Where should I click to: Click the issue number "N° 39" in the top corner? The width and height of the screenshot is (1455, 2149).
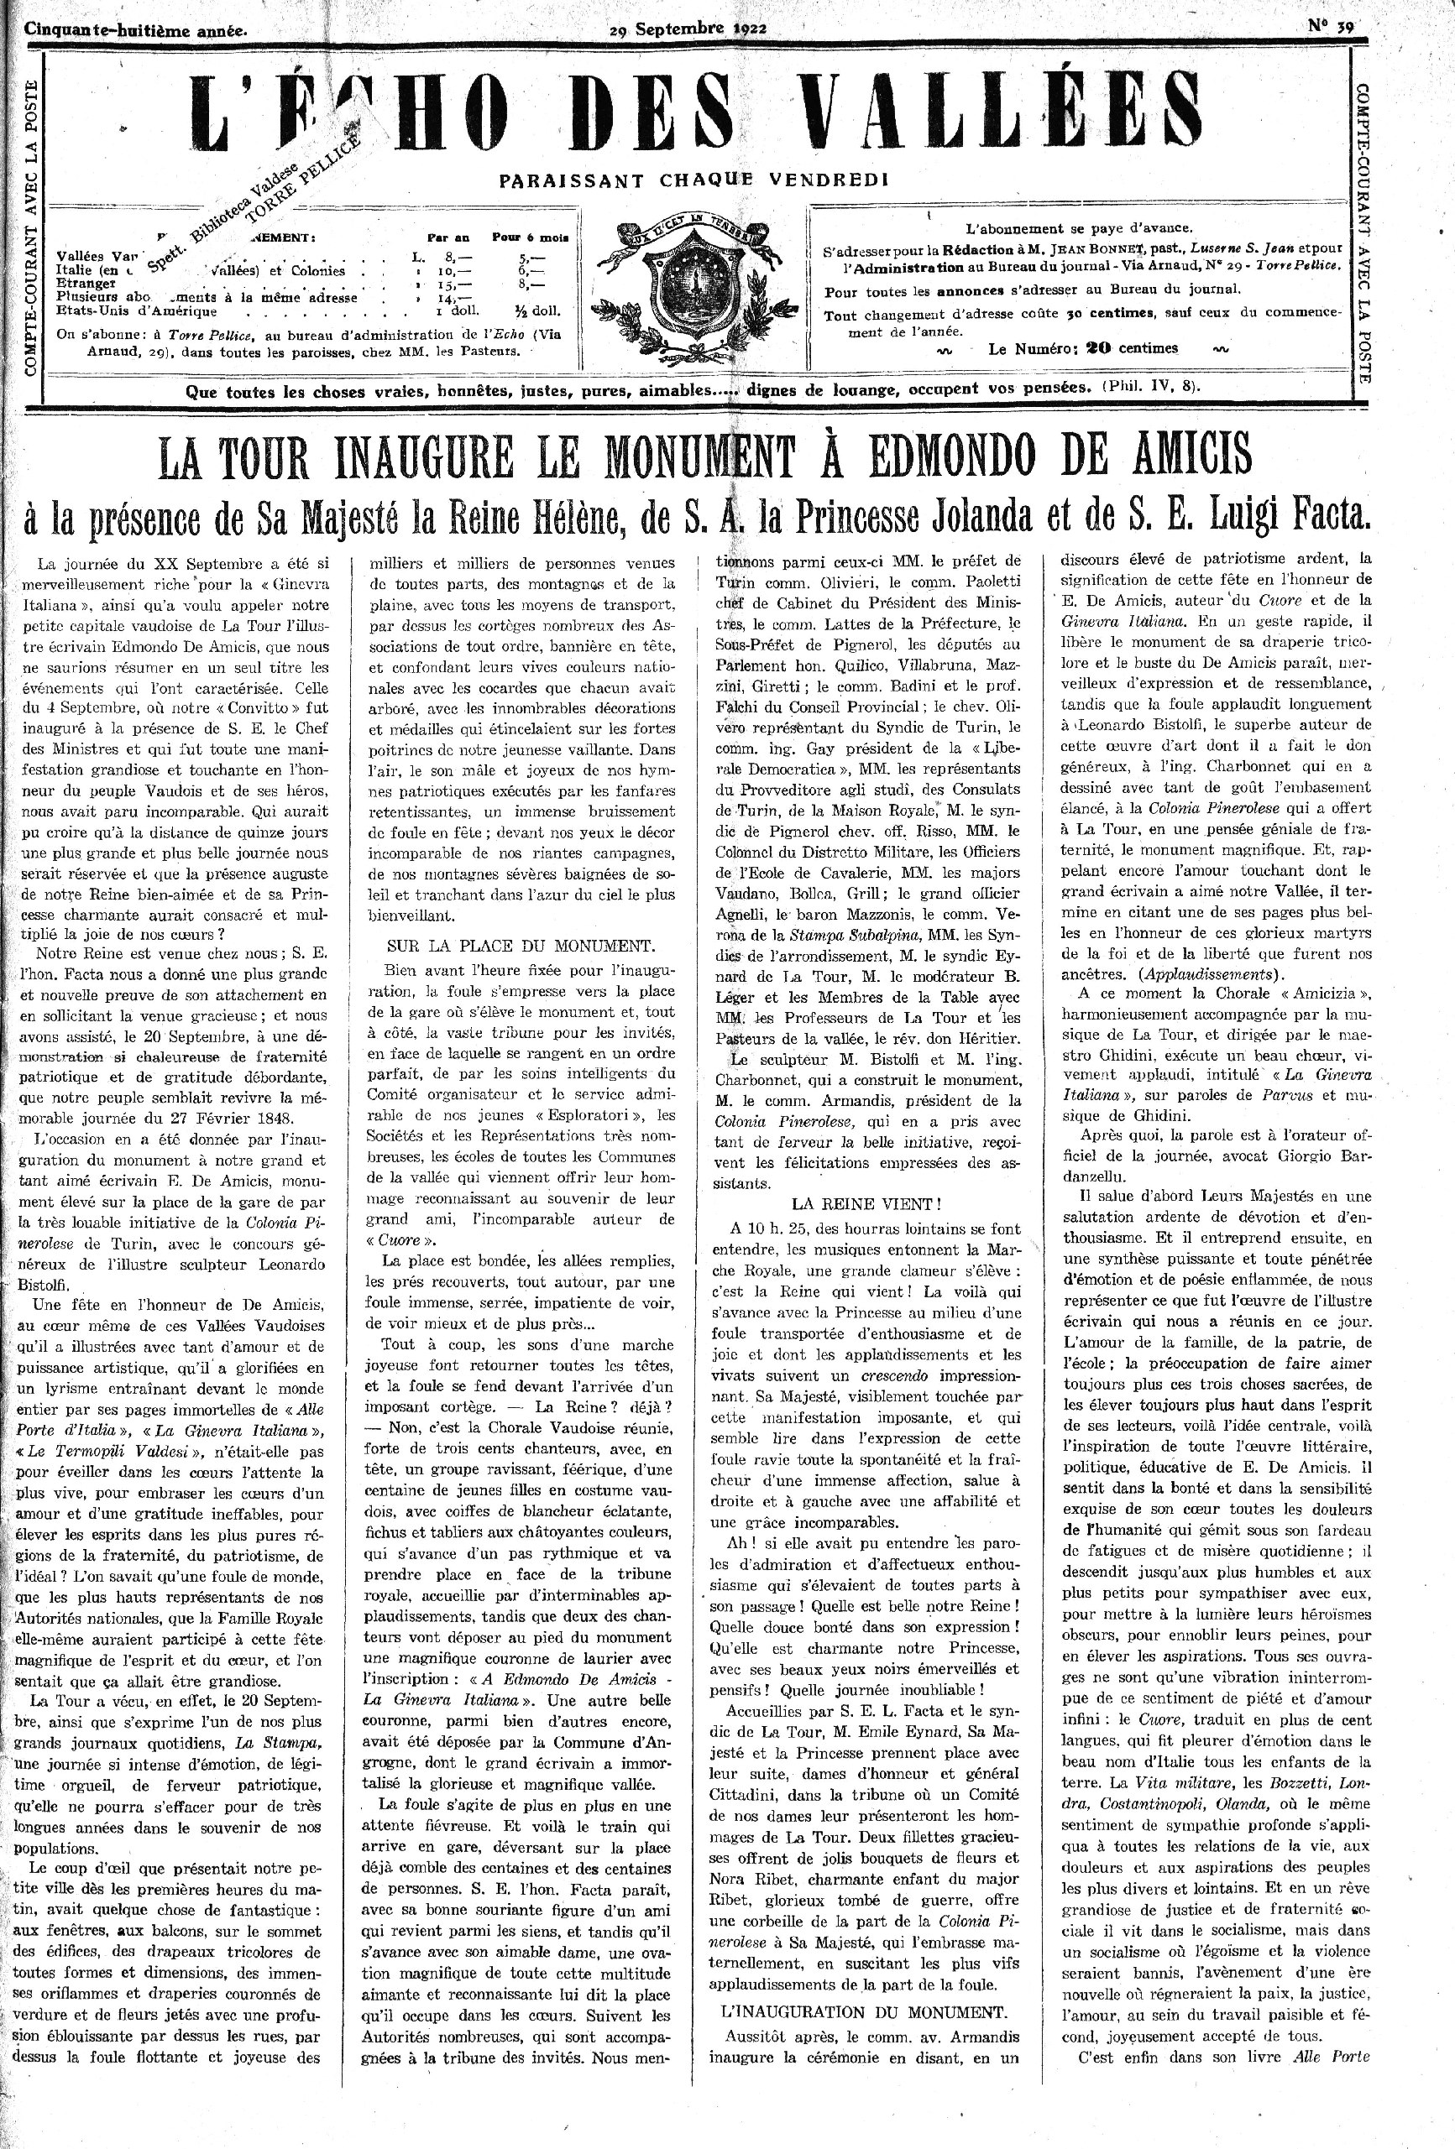pos(1331,27)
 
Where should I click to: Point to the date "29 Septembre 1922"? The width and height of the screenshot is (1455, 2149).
pos(688,28)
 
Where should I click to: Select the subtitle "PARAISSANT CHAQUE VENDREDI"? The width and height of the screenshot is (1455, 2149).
pos(693,180)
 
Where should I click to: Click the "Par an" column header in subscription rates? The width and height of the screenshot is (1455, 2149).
pos(447,237)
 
